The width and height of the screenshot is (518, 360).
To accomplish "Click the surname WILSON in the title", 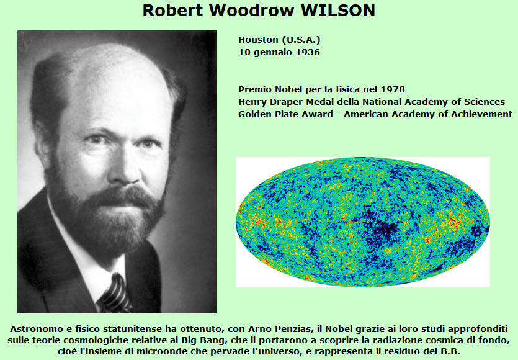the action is [337, 11].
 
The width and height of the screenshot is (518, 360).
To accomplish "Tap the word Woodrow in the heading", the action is [251, 11].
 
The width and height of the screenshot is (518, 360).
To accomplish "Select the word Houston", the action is [258, 40].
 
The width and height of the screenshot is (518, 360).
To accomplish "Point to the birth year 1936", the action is [308, 52].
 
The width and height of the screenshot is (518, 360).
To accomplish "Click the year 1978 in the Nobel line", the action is [393, 89].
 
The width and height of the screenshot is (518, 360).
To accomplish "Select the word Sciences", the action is [485, 102].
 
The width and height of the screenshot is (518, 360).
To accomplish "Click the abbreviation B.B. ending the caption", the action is [450, 351].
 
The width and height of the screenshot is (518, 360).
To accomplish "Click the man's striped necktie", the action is [115, 295].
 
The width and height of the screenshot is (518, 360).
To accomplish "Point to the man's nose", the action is [123, 169].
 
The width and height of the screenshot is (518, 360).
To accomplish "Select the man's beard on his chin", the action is [109, 228].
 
